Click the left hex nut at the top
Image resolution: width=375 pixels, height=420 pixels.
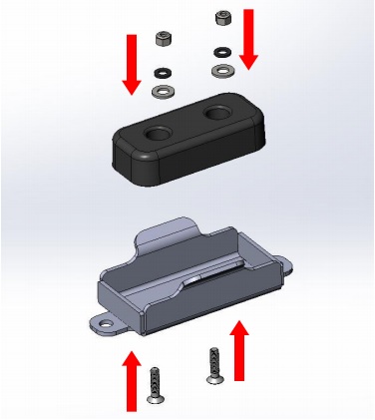164,41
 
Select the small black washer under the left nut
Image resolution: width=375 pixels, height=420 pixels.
162,73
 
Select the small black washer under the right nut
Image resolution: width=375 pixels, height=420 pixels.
221,50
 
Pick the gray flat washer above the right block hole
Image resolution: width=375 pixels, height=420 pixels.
221,69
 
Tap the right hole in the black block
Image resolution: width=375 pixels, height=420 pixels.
218,114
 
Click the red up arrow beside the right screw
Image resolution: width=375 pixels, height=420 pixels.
239,349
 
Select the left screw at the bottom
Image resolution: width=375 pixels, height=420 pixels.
155,384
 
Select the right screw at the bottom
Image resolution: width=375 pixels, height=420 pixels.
212,363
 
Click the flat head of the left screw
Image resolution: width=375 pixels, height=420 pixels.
156,398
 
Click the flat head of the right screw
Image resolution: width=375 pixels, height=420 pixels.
213,378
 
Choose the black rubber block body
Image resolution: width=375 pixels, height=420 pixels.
189,150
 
